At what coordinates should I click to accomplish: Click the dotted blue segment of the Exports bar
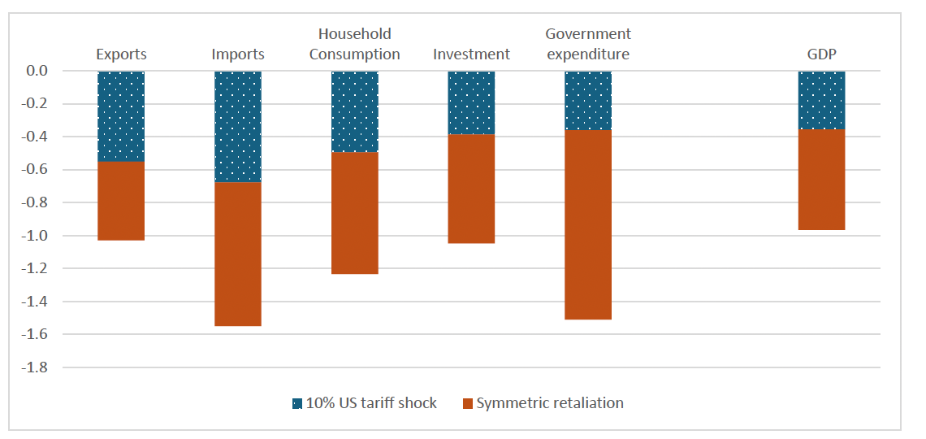pyautogui.click(x=121, y=116)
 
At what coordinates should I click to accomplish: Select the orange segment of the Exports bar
pyautogui.click(x=121, y=201)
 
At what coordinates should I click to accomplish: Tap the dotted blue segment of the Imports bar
pyautogui.click(x=237, y=126)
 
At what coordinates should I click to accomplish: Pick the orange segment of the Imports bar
pyautogui.click(x=237, y=254)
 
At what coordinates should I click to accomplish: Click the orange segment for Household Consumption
pyautogui.click(x=354, y=213)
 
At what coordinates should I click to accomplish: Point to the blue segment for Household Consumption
pyautogui.click(x=354, y=111)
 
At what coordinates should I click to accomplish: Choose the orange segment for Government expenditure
pyautogui.click(x=588, y=224)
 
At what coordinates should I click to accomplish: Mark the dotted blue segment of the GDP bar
pyautogui.click(x=821, y=100)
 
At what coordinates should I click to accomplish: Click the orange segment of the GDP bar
pyautogui.click(x=821, y=180)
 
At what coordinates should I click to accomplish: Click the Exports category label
pyautogui.click(x=121, y=55)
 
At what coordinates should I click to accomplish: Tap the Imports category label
pyautogui.click(x=237, y=55)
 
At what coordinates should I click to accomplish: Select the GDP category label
pyautogui.click(x=821, y=55)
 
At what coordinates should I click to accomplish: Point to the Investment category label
pyautogui.click(x=471, y=55)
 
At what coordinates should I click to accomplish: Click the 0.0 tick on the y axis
pyautogui.click(x=38, y=71)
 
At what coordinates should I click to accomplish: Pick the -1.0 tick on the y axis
pyautogui.click(x=37, y=236)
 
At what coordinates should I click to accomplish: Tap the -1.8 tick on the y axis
pyautogui.click(x=37, y=367)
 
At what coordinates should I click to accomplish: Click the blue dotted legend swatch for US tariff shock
pyautogui.click(x=297, y=403)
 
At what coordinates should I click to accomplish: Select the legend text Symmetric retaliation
pyautogui.click(x=550, y=403)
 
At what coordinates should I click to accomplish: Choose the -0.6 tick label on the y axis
pyautogui.click(x=37, y=170)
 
